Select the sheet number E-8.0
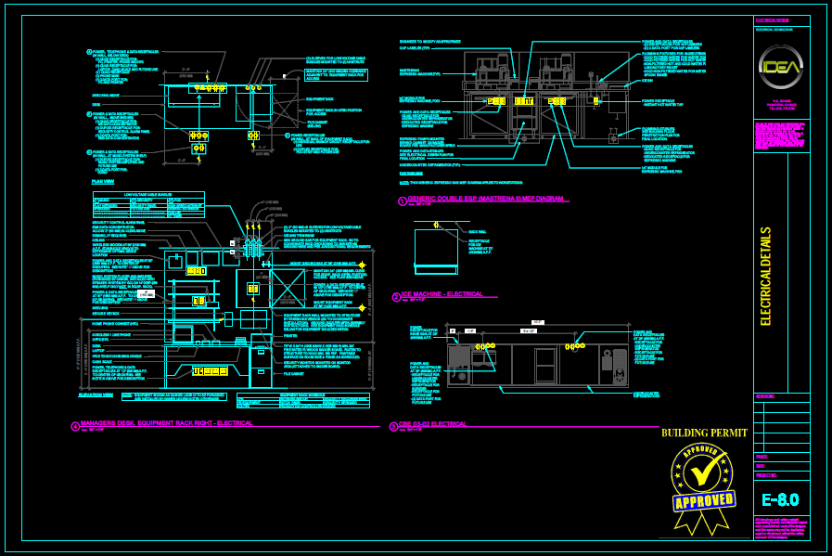779,499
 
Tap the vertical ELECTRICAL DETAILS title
766,277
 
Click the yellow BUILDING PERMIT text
703,433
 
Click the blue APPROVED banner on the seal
704,501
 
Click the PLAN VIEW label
103,182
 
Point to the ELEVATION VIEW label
96,394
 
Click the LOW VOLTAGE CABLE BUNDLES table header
148,194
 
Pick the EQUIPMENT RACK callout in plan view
319,98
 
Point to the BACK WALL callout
478,231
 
